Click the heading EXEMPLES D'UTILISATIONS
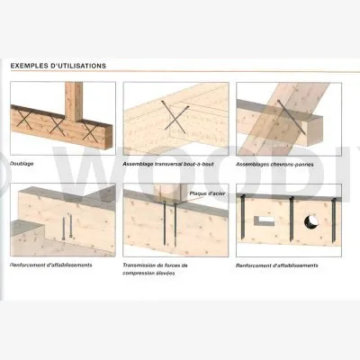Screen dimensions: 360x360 58,66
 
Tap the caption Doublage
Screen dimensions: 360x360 22,164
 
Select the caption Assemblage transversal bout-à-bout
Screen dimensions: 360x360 168,164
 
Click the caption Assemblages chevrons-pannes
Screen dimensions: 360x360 274,165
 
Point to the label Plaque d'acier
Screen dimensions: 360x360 208,193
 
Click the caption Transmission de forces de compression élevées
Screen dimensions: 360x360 155,269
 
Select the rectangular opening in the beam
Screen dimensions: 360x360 265,220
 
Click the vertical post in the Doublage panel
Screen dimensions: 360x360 74,102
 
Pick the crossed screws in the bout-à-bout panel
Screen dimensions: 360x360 175,117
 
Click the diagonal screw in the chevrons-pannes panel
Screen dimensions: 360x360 291,117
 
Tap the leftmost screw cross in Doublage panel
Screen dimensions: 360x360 24,118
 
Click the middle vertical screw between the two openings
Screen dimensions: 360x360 292,219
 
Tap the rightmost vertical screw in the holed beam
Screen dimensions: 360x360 334,221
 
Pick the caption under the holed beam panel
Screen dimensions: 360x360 277,265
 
